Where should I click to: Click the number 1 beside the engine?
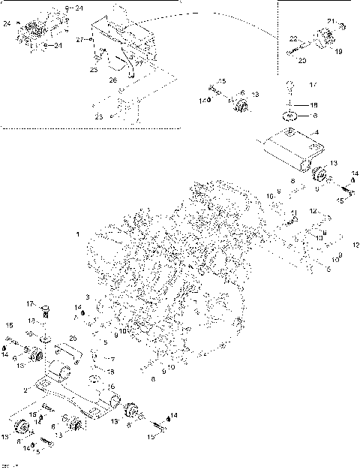click(77, 234)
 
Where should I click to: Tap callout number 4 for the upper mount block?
click(317, 133)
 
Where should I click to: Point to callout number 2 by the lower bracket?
click(26, 390)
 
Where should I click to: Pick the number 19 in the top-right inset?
click(338, 53)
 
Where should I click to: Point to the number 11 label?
click(295, 212)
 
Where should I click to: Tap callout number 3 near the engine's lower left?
click(87, 297)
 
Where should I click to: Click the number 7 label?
click(114, 360)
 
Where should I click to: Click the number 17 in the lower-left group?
click(31, 303)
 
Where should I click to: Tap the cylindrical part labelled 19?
click(327, 37)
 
